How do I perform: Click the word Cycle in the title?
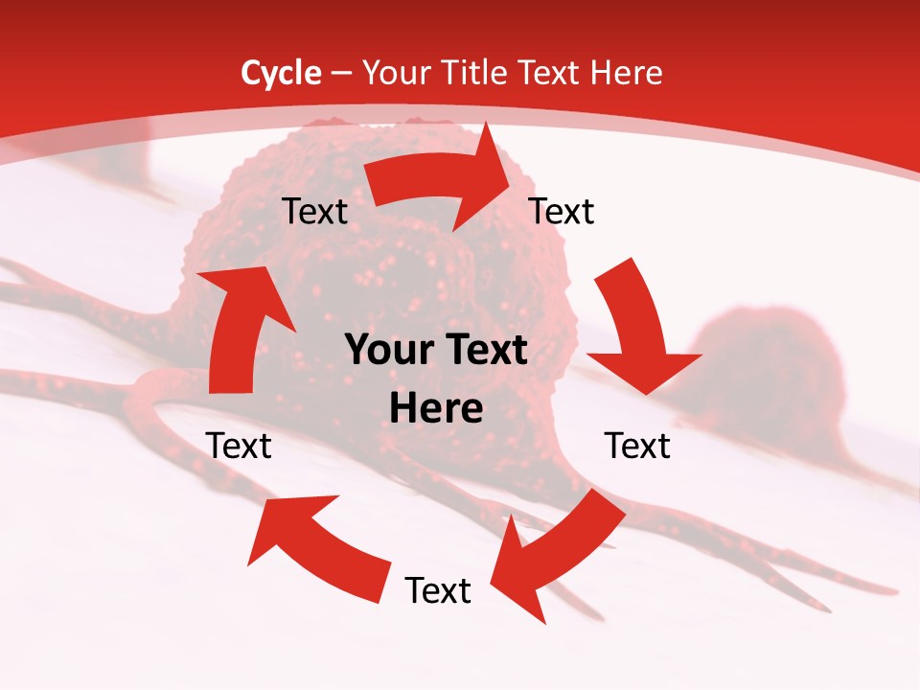tap(281, 73)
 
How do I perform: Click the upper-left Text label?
tap(314, 212)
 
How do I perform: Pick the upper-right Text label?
tap(562, 212)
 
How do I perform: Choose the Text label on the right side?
tap(637, 446)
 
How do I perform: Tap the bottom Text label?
tap(438, 590)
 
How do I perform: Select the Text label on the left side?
tap(239, 446)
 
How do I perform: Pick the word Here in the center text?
tap(437, 408)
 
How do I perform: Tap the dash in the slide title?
tap(341, 73)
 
